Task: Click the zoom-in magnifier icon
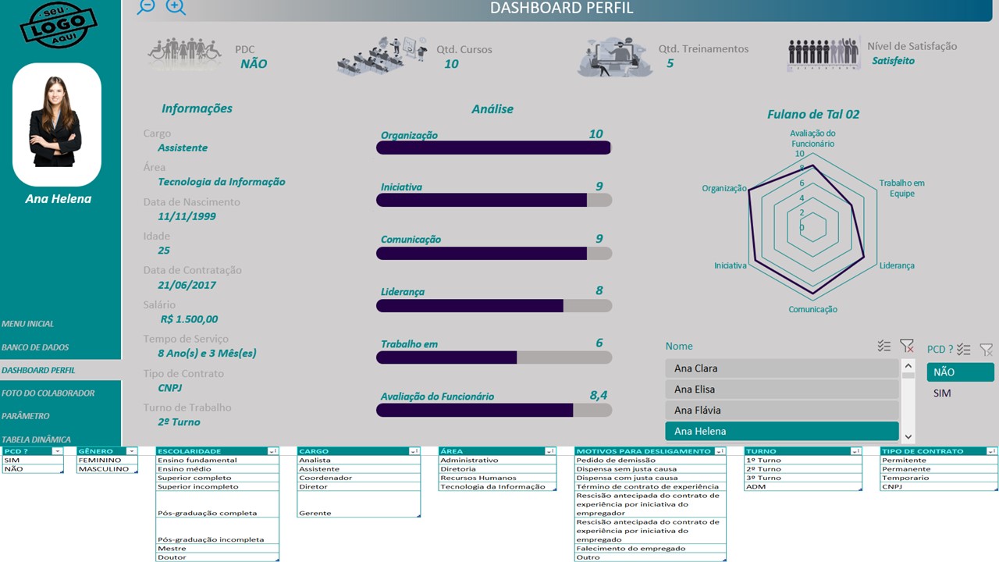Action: click(x=176, y=7)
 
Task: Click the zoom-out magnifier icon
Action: click(x=146, y=6)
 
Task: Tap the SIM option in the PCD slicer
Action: click(x=942, y=393)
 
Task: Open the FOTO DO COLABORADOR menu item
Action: click(x=48, y=393)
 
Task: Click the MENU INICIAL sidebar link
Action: click(x=28, y=324)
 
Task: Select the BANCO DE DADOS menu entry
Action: click(x=35, y=347)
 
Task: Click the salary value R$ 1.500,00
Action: click(x=189, y=319)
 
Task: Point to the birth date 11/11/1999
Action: click(x=187, y=216)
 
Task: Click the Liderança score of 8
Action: click(x=599, y=291)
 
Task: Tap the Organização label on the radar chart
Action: click(x=724, y=188)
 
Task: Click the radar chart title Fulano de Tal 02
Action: click(x=812, y=115)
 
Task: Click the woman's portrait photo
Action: click(x=56, y=121)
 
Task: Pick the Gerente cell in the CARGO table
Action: click(x=315, y=513)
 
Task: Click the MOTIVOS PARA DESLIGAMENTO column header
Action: click(x=644, y=451)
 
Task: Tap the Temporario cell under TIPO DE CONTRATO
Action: click(x=905, y=478)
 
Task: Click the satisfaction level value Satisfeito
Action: click(x=893, y=61)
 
